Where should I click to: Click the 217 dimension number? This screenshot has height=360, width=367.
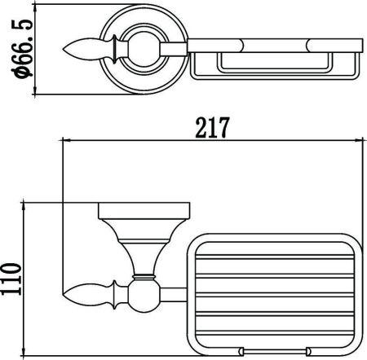213,127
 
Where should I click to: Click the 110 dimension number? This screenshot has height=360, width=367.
11,279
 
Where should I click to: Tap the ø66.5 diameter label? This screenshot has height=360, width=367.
22,48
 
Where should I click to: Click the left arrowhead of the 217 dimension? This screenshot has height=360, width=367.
67,140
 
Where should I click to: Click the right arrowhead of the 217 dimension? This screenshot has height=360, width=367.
359,140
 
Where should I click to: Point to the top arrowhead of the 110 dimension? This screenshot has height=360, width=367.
24,207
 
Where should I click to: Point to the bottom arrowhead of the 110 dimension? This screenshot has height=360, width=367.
24,351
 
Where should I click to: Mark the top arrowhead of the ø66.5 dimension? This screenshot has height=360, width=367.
34,9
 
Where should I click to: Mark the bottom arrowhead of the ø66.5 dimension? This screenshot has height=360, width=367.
34,90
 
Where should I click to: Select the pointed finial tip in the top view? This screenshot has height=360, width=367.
63,50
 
